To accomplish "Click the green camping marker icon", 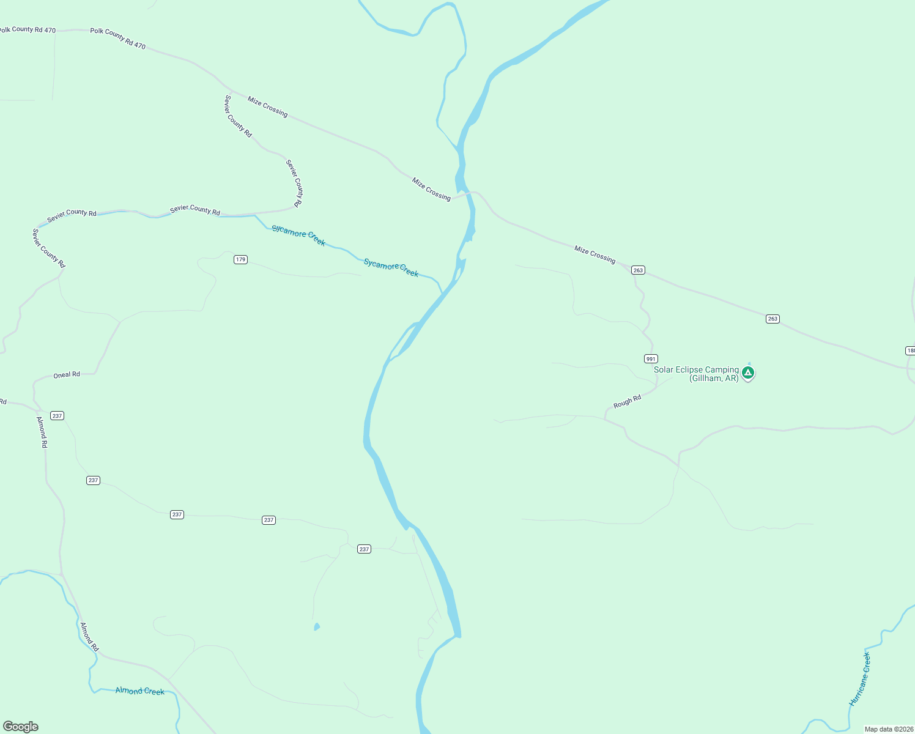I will pos(747,373).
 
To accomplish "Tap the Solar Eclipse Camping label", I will pos(696,374).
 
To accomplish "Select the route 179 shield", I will pos(240,259).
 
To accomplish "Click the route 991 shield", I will pos(651,359).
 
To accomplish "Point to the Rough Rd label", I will pos(627,402).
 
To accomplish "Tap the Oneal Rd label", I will pos(67,374).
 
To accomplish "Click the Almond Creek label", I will pos(140,691).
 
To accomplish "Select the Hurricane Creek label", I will pos(859,679).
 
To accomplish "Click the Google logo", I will pos(21,727).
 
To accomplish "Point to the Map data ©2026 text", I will pos(889,729).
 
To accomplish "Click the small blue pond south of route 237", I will pos(316,626).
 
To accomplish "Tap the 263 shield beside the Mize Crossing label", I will pos(638,270).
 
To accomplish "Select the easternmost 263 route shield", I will pos(772,319).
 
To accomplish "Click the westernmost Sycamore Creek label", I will pos(298,235).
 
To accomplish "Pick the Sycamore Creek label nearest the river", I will pos(391,268).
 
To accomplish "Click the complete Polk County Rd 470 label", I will pos(118,38).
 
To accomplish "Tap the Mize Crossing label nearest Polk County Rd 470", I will pos(267,106).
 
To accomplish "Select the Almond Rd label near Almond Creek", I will pos(89,637).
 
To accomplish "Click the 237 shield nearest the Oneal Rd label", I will pos(57,415).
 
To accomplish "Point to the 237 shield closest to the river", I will pos(364,549).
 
